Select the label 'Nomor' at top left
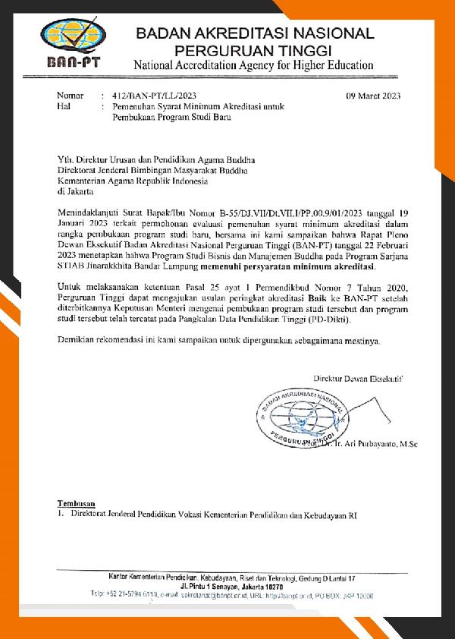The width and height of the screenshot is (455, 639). [71, 96]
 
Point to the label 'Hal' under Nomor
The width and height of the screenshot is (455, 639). [64, 107]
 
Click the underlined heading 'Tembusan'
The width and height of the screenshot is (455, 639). [77, 504]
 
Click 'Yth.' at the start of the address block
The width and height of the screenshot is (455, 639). [66, 160]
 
